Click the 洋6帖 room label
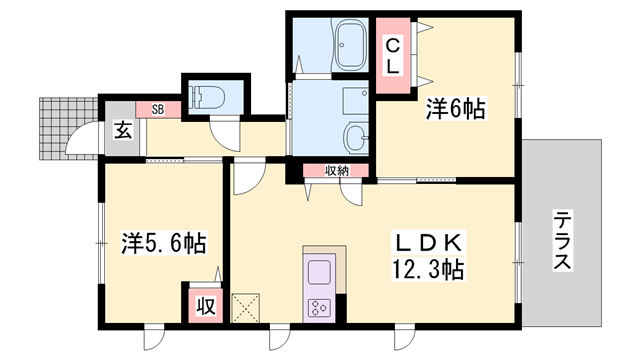click(x=459, y=109)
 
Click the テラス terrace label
click(x=563, y=240)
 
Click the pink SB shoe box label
click(x=158, y=108)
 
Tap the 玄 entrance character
click(x=120, y=130)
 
